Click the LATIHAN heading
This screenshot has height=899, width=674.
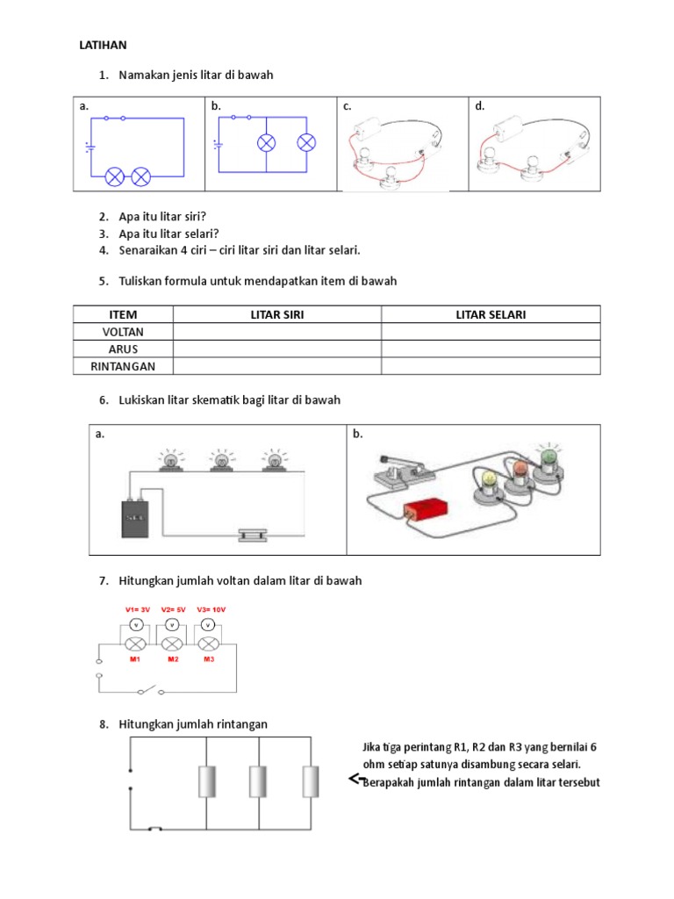click(x=104, y=45)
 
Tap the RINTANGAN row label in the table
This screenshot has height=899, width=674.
click(x=123, y=366)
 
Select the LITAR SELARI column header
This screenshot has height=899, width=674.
click(x=491, y=315)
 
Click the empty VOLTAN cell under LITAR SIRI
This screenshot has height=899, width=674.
click(x=276, y=332)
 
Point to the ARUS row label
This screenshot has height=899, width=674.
click(x=123, y=349)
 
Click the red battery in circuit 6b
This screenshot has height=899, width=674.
click(x=426, y=510)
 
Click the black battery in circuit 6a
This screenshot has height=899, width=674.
click(x=135, y=518)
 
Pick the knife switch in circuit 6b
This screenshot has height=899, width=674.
click(x=399, y=471)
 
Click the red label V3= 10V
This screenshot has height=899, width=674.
click(x=211, y=609)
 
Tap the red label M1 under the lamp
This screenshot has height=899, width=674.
click(x=134, y=659)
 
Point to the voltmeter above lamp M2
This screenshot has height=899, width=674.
click(x=172, y=625)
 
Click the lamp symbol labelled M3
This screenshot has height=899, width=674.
click(x=208, y=644)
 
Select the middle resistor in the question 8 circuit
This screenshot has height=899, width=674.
click(x=258, y=780)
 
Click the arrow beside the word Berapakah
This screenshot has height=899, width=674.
click(x=356, y=779)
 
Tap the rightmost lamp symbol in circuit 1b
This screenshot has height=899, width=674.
click(x=306, y=143)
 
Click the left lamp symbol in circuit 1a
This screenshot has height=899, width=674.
click(x=115, y=176)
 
